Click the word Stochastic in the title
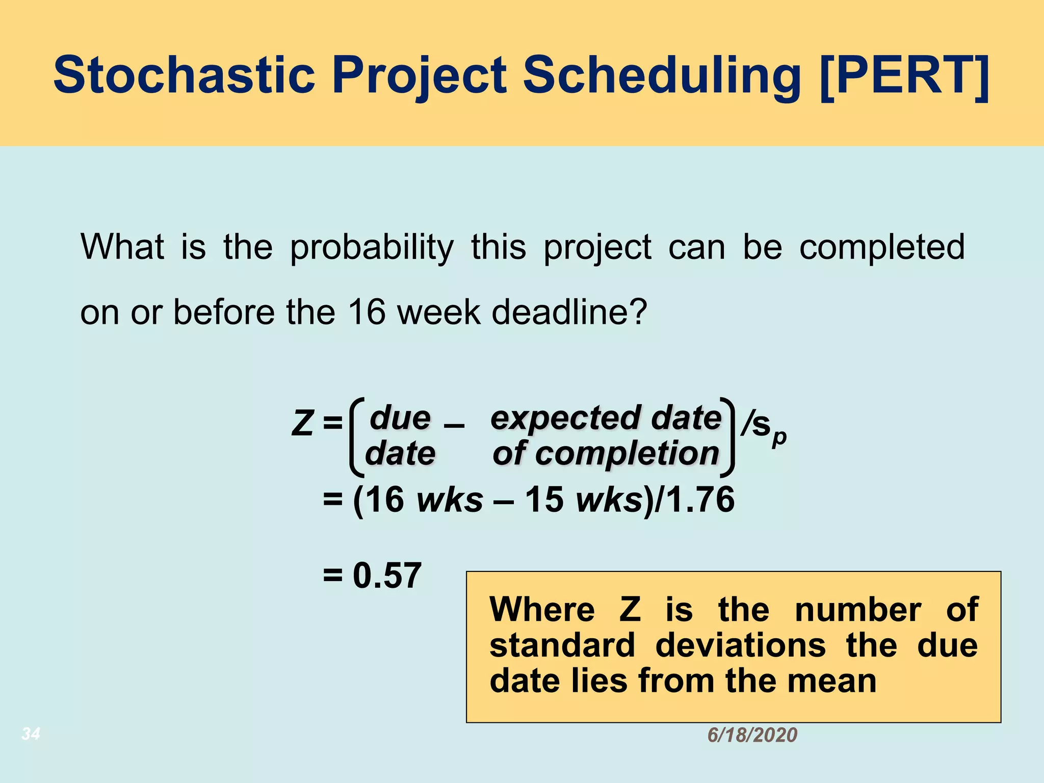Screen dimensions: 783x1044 click(185, 75)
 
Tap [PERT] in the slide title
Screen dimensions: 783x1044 click(904, 75)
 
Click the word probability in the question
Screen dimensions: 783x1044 click(372, 248)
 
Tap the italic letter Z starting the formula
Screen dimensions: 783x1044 click(302, 424)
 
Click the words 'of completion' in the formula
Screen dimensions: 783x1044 click(606, 454)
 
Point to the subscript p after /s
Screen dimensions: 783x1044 click(779, 438)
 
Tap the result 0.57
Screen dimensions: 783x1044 click(387, 576)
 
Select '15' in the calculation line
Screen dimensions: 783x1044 click(544, 499)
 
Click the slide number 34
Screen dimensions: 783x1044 click(31, 734)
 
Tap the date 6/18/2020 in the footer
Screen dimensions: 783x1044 click(752, 735)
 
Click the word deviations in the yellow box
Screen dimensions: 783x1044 click(740, 645)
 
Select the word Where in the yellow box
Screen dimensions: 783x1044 click(542, 609)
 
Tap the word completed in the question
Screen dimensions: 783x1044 click(882, 248)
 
